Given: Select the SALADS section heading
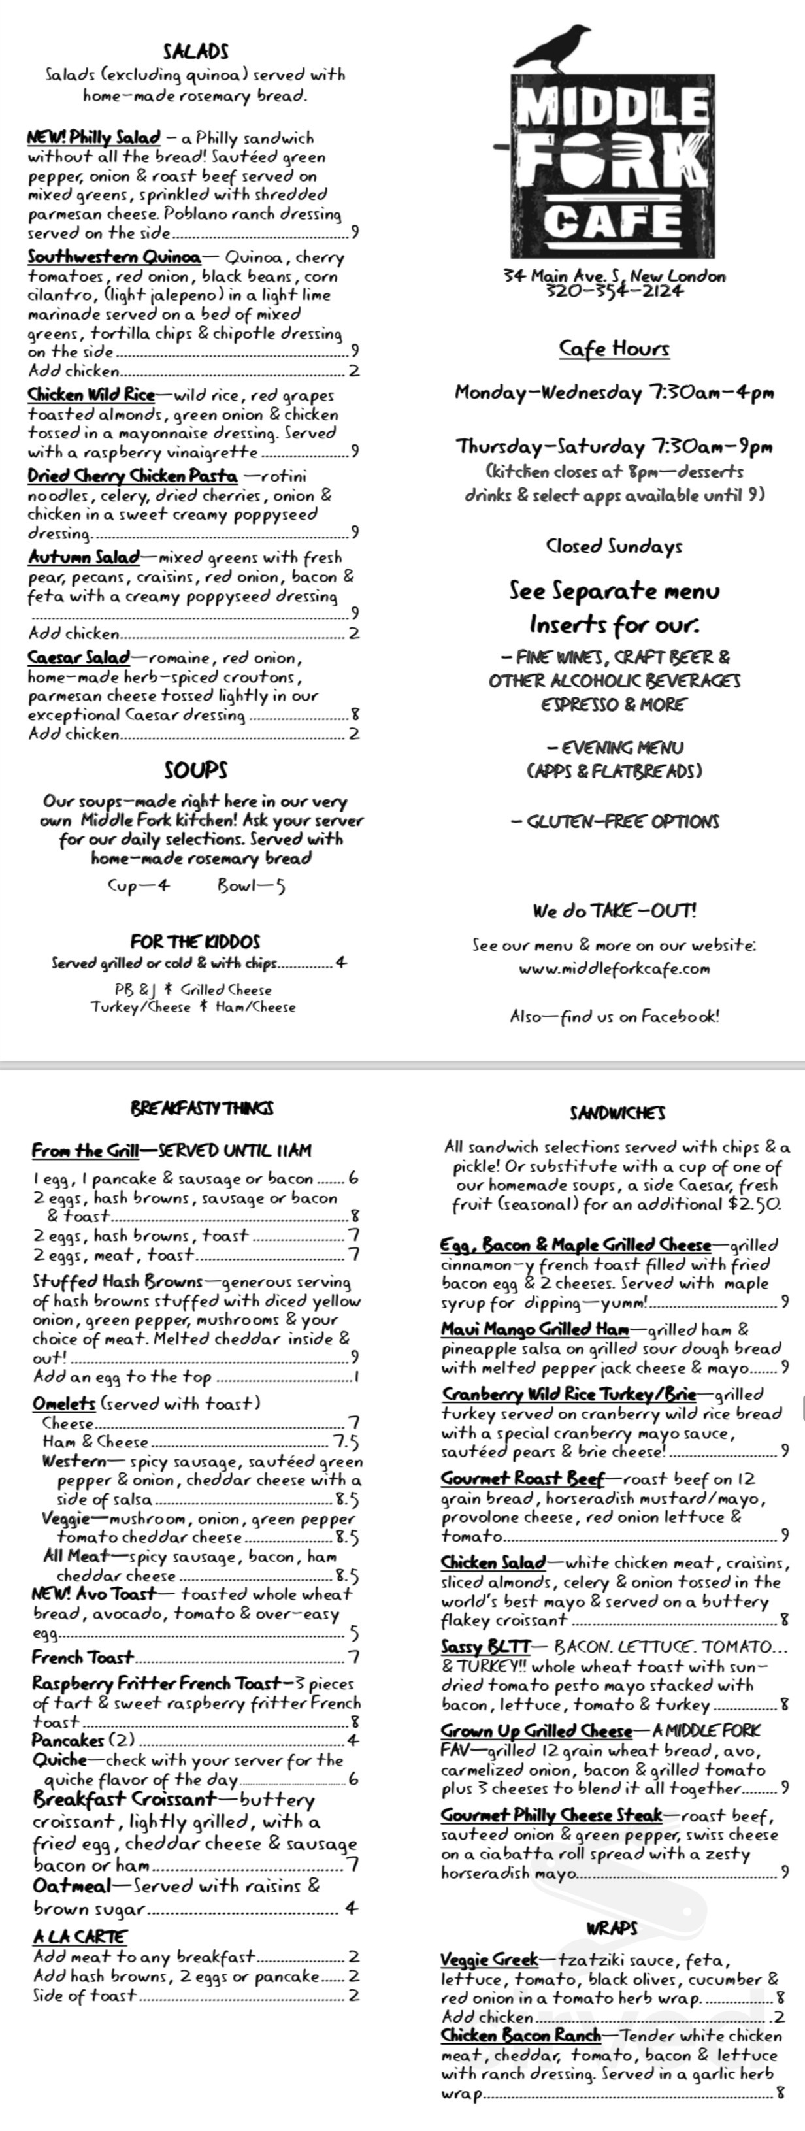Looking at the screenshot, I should click(x=196, y=51).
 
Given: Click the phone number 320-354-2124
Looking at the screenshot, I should click(x=614, y=290).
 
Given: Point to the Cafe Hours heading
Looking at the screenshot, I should click(x=614, y=348).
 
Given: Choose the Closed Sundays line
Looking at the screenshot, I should click(x=614, y=546).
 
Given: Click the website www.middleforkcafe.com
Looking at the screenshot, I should click(x=614, y=968).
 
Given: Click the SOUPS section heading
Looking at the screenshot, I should click(x=196, y=770).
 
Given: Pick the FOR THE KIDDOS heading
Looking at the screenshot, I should click(x=195, y=942).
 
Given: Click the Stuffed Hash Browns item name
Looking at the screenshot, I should click(x=117, y=1281).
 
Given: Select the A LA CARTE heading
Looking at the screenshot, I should click(x=80, y=1937).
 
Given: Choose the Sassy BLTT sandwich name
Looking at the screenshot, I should click(x=485, y=1646).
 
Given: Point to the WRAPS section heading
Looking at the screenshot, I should click(x=612, y=1928).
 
